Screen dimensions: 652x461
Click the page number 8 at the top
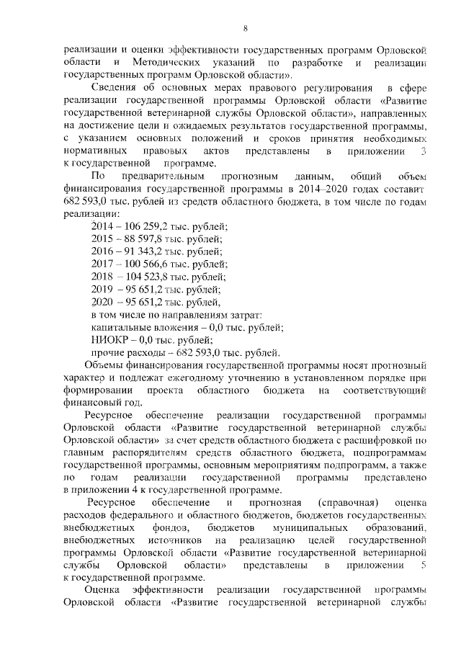(245, 29)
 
